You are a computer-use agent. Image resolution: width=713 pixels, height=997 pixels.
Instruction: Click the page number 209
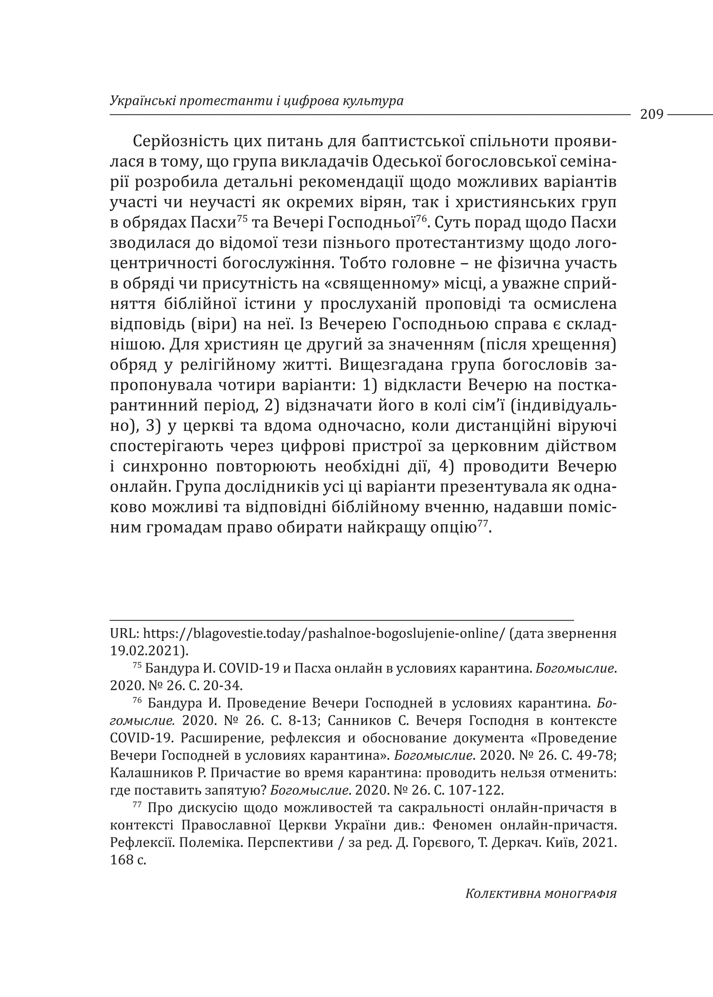tap(651, 115)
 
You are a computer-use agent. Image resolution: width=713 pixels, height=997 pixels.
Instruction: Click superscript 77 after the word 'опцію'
tap(483, 523)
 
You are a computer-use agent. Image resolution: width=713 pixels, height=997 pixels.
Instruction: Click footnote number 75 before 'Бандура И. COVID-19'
tap(136, 666)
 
